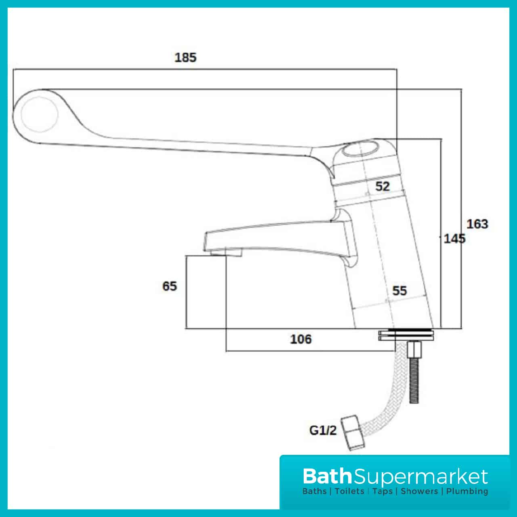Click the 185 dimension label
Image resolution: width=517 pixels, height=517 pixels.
(185, 57)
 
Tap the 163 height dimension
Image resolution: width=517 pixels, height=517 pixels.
(477, 224)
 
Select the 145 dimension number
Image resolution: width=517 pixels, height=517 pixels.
(454, 238)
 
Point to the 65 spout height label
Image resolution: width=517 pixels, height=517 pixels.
(170, 286)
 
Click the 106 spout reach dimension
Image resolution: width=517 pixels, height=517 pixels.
(301, 339)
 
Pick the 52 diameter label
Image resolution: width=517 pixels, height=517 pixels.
(382, 186)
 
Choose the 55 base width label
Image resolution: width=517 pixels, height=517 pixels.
(399, 290)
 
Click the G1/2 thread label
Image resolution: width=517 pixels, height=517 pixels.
(323, 431)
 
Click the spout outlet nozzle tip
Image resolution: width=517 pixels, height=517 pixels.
(226, 252)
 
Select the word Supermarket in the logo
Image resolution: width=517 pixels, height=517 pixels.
(420, 477)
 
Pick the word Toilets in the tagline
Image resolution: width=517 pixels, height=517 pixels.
(350, 492)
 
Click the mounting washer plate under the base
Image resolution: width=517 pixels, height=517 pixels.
(407, 336)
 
